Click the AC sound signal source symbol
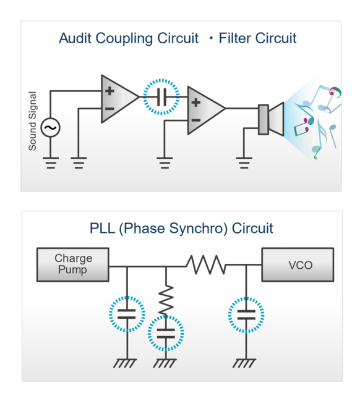click(x=50, y=128)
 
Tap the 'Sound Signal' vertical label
click(x=33, y=121)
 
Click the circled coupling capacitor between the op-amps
click(x=161, y=97)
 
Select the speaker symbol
click(x=270, y=119)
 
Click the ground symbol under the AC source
click(x=50, y=163)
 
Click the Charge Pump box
click(x=73, y=264)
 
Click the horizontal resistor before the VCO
click(x=206, y=266)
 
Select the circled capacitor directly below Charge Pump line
click(x=126, y=314)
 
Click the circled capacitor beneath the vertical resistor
click(x=166, y=334)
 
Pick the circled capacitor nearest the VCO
click(x=246, y=314)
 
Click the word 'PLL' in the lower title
click(x=103, y=228)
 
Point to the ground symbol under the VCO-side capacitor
click(x=246, y=363)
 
